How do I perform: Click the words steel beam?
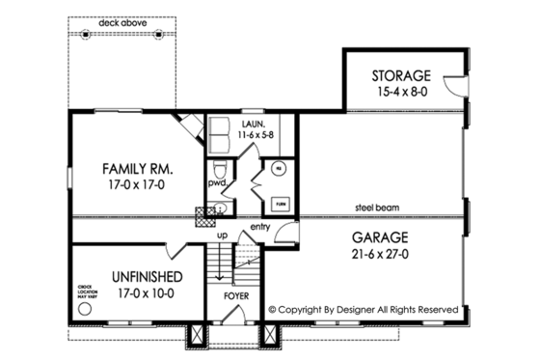tap(378, 208)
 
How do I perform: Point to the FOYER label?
tap(236, 297)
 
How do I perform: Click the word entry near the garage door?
tap(258, 227)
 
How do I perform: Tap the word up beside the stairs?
tap(222, 235)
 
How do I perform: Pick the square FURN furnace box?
tap(282, 204)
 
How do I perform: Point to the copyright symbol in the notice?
tap(273, 310)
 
